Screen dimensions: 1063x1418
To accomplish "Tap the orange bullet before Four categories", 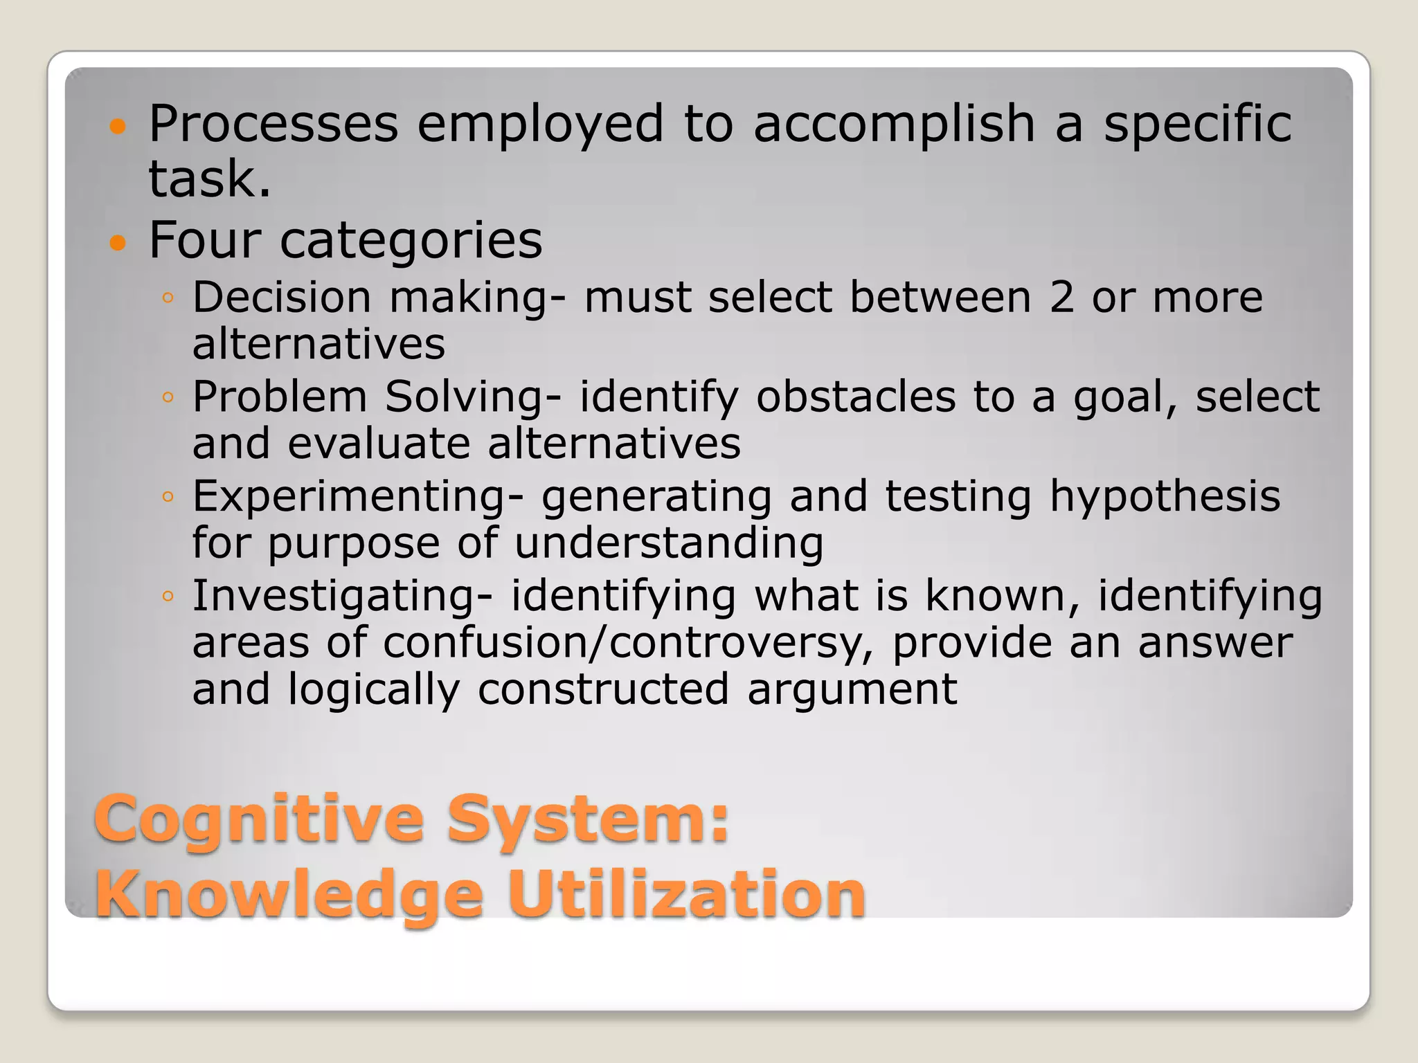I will (118, 243).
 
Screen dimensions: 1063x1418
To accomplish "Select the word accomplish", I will (893, 125).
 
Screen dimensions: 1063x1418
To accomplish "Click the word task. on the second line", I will (209, 179).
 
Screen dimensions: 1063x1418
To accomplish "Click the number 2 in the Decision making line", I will (1061, 298).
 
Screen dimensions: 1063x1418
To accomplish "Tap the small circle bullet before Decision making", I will (167, 298).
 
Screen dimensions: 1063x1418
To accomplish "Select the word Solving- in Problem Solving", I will (473, 397).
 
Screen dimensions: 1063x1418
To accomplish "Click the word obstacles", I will (856, 397).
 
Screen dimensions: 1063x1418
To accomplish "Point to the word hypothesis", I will (1165, 497).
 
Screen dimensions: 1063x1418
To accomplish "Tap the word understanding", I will (669, 544).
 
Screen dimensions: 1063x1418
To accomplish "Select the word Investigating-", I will (342, 597).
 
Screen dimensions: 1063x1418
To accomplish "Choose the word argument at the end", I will (852, 691).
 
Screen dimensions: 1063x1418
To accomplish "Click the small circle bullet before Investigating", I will (167, 597).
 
